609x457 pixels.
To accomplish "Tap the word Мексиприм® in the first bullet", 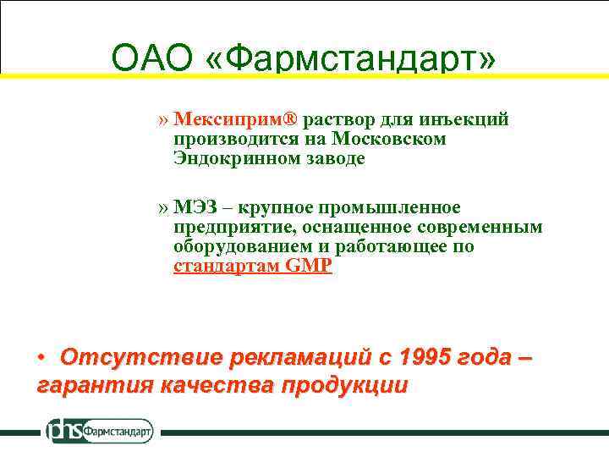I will tap(236, 119).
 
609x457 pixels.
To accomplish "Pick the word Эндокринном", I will tap(226, 158).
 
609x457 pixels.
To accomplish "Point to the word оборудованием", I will tap(232, 247).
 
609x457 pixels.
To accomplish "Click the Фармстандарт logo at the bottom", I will tap(99, 431).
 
